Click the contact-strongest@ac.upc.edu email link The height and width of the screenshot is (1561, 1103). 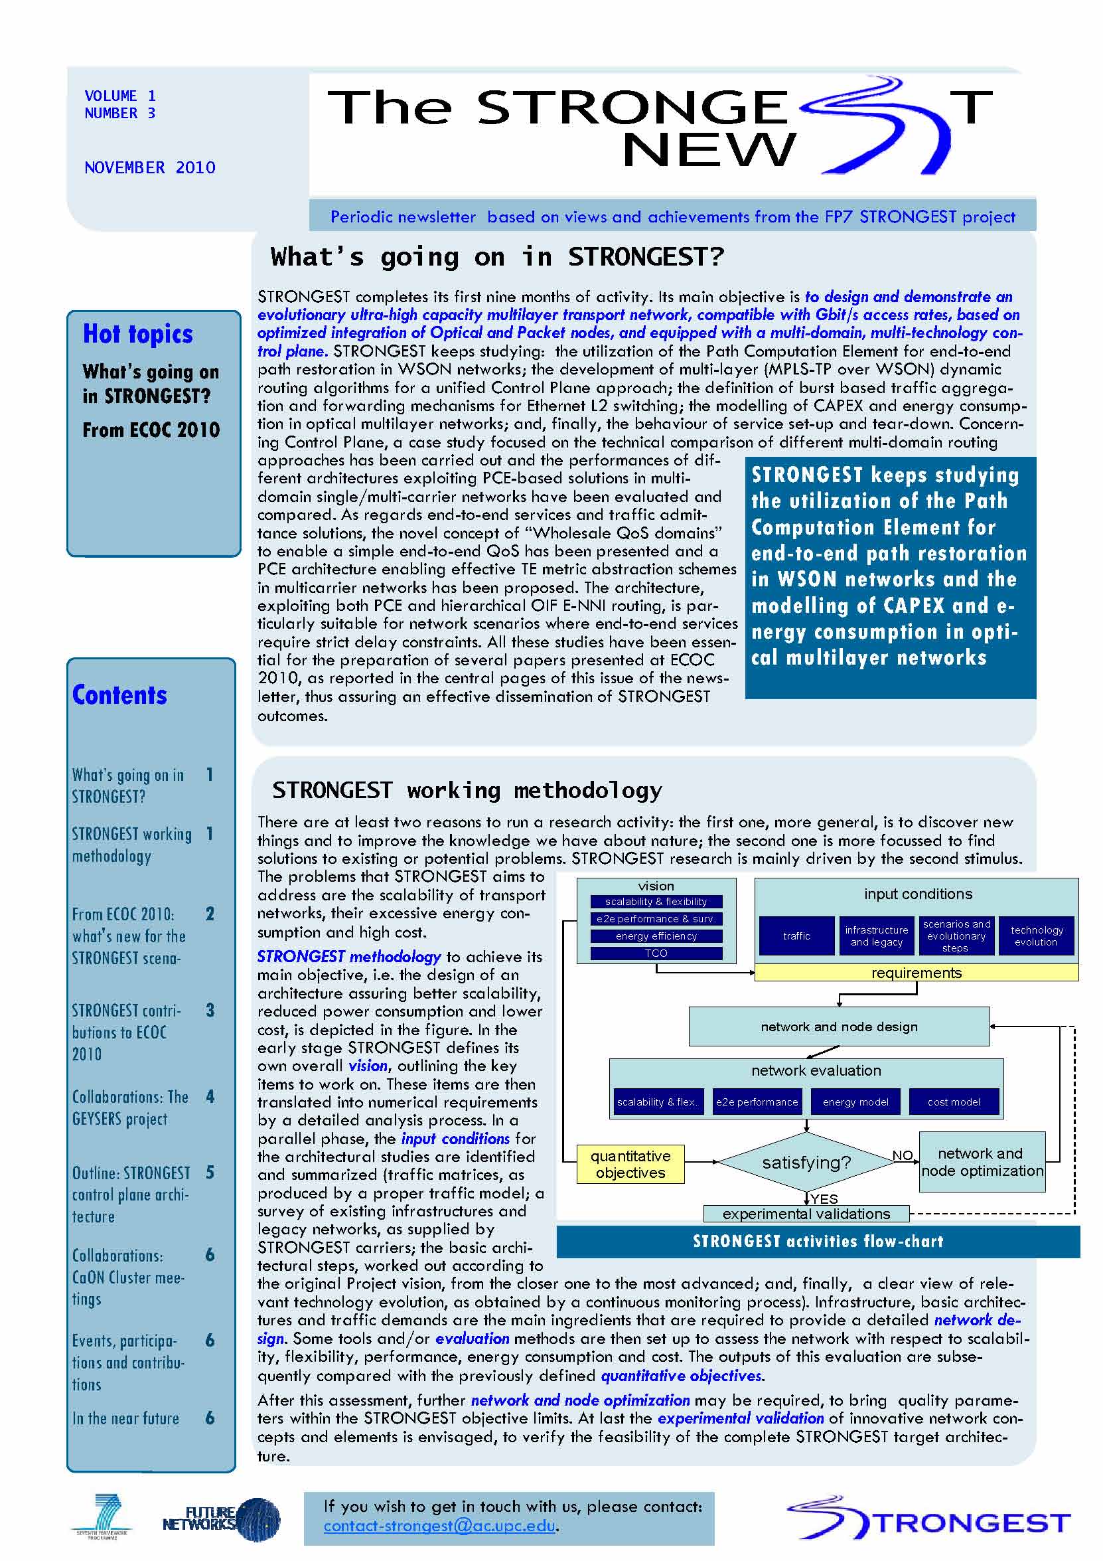[x=439, y=1525]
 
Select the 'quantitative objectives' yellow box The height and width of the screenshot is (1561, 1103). [x=630, y=1164]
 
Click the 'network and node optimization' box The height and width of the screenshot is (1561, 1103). [x=982, y=1162]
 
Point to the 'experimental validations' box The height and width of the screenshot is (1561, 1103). [x=806, y=1214]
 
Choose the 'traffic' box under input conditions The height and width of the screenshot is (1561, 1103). [x=796, y=936]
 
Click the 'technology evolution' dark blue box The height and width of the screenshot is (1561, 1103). [x=1036, y=936]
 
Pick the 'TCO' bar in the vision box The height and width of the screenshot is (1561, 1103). [x=656, y=953]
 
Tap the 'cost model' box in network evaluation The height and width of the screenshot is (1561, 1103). [x=954, y=1102]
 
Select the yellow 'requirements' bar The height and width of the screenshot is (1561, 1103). [x=916, y=973]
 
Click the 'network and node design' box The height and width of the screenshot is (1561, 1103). [x=839, y=1027]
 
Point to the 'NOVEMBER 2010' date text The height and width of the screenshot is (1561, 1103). [x=149, y=168]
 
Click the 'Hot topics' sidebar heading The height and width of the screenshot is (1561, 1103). [x=138, y=335]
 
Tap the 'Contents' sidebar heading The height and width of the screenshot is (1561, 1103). [x=119, y=695]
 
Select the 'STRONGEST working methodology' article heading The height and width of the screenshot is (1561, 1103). [x=467, y=790]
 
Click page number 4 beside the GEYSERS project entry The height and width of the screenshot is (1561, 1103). [x=210, y=1097]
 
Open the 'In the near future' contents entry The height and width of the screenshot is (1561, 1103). [x=125, y=1419]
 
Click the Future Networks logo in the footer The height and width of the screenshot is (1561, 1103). [x=221, y=1519]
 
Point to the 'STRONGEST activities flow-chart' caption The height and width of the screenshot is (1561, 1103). [x=818, y=1242]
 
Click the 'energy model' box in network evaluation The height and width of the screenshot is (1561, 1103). [x=855, y=1102]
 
